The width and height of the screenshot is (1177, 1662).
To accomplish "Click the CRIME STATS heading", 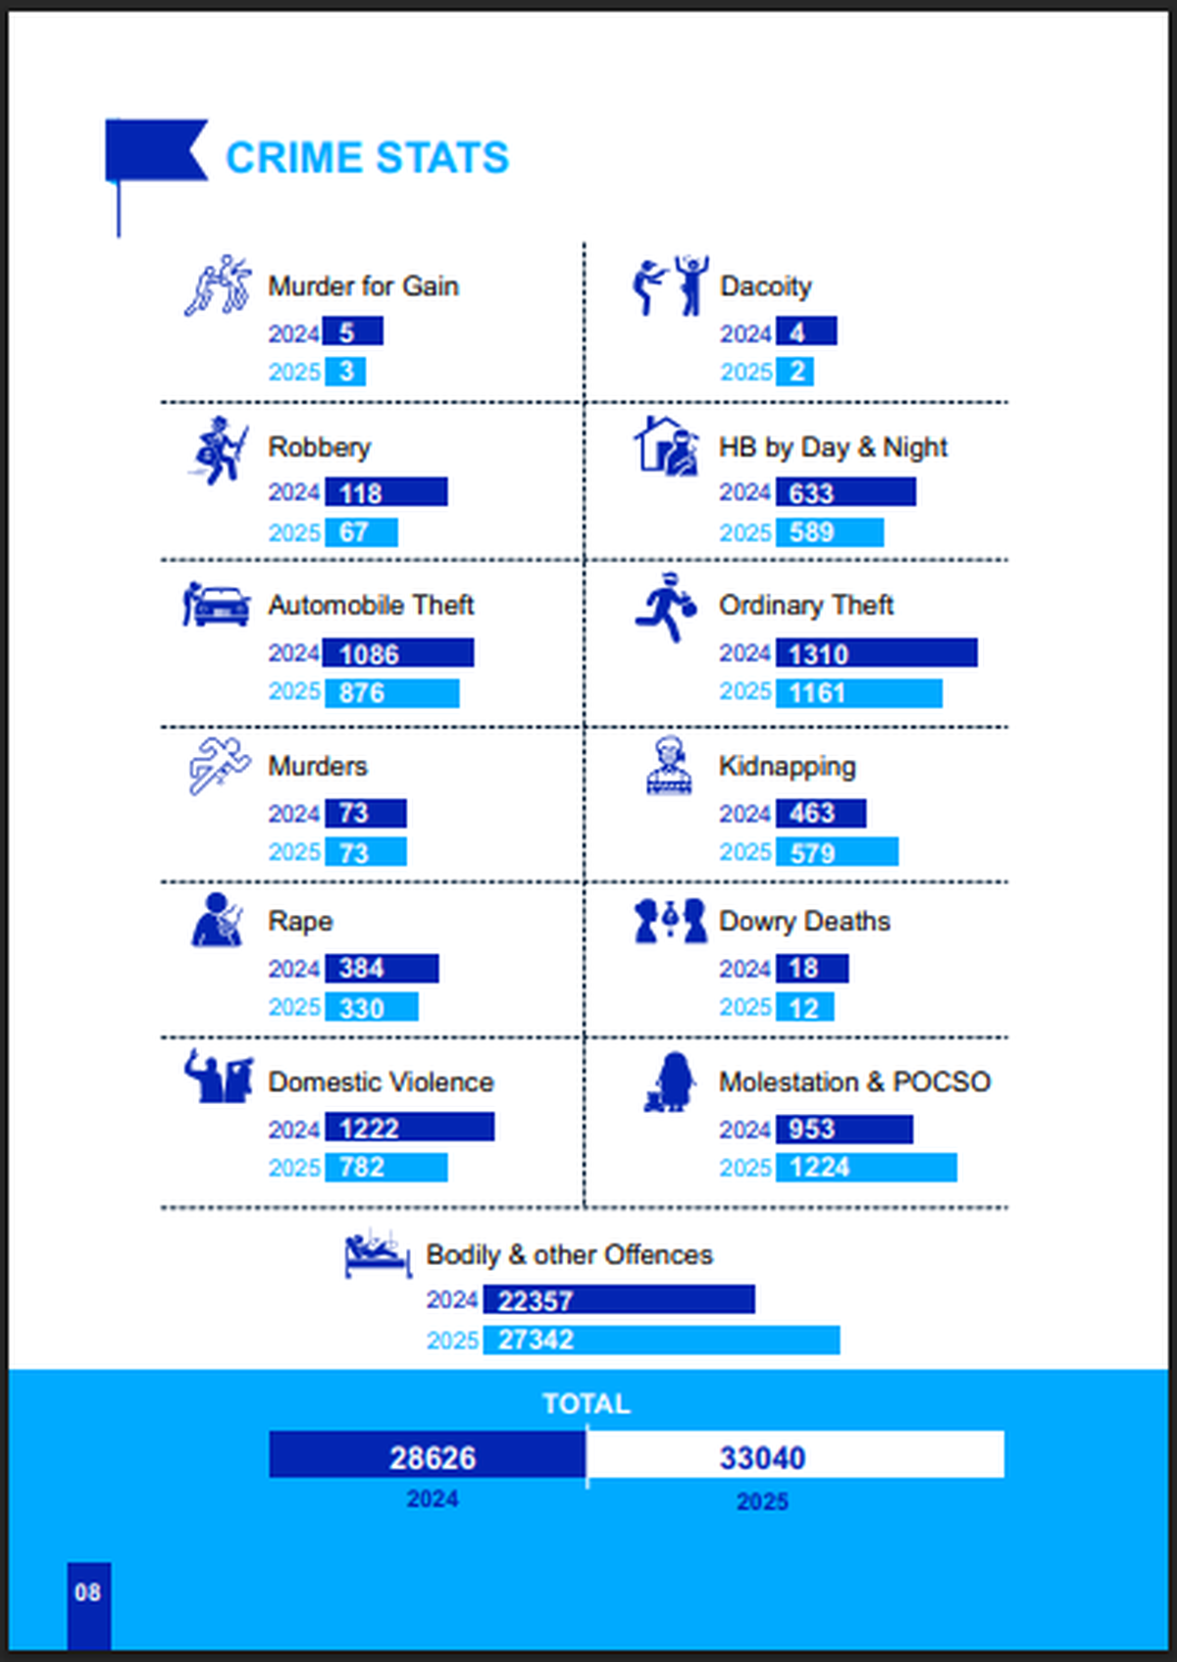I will [367, 158].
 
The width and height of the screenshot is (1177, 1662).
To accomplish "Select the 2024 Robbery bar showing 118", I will [385, 492].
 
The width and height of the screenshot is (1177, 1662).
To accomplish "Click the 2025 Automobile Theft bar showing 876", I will [391, 693].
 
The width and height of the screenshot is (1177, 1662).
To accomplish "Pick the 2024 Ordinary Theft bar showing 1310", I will [876, 653].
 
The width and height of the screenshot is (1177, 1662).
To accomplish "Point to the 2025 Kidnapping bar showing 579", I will [836, 852].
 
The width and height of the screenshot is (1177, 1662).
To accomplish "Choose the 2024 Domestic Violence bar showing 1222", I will [409, 1128].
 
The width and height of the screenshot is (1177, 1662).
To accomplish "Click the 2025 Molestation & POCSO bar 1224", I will [865, 1168].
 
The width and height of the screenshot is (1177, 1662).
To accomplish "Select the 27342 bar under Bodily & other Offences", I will [660, 1340].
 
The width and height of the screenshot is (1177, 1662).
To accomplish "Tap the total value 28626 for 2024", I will [432, 1457].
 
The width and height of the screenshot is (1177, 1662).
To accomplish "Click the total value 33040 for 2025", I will [763, 1457].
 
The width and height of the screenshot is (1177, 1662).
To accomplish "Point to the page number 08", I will [88, 1592].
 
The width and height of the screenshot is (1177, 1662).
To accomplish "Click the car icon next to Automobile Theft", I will [217, 604].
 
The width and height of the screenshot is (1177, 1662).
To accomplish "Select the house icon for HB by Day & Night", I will [665, 446].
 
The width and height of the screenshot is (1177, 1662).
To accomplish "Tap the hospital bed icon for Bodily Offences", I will [377, 1255].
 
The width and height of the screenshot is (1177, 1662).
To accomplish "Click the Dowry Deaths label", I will [804, 922].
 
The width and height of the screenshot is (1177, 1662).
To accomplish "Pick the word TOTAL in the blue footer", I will [586, 1403].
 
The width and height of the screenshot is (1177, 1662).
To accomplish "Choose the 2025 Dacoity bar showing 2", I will [794, 372].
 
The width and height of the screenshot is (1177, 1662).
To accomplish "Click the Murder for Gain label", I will [363, 286].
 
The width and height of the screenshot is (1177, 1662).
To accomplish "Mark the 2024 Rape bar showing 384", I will [381, 969].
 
